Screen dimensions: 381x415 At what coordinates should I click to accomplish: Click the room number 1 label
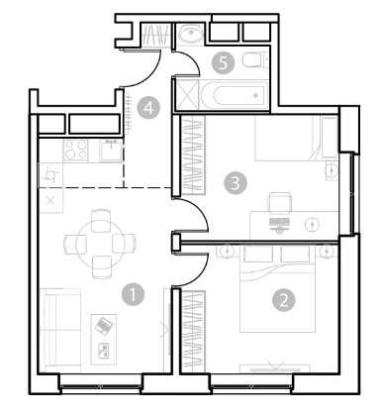(x=133, y=294)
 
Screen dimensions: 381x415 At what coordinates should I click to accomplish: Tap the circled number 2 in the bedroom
(x=284, y=300)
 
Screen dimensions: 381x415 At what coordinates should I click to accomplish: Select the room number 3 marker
(x=236, y=182)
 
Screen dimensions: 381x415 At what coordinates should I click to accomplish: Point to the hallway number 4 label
(x=149, y=108)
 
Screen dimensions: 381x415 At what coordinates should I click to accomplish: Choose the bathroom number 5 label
(x=224, y=62)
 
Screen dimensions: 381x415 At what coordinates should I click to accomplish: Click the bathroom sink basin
(x=191, y=34)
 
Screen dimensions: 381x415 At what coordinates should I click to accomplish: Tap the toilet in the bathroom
(x=254, y=60)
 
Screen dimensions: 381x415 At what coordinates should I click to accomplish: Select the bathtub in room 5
(x=235, y=95)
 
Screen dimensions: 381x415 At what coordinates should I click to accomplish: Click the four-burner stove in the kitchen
(x=76, y=150)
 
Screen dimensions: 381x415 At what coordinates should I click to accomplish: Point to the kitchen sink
(x=112, y=150)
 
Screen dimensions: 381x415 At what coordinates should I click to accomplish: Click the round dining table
(x=100, y=244)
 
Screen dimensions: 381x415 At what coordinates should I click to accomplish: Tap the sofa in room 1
(x=60, y=330)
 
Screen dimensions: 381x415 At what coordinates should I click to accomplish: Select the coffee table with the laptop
(x=104, y=339)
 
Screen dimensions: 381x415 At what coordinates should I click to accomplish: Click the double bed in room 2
(x=277, y=289)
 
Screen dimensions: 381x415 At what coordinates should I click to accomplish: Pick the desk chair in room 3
(x=280, y=203)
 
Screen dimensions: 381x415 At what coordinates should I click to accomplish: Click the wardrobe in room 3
(x=193, y=155)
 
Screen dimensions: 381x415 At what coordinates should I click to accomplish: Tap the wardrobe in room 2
(x=193, y=331)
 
